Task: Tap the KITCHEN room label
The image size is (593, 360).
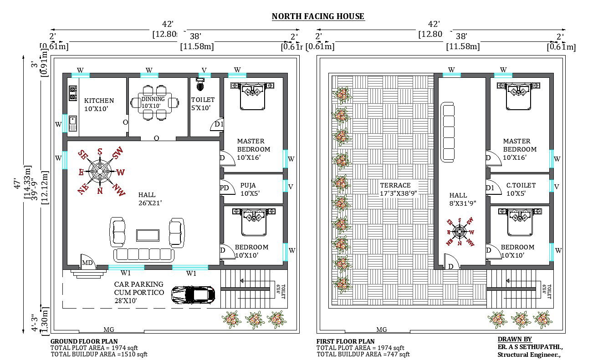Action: [99, 101]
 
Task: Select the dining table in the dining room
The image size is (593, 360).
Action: [156, 103]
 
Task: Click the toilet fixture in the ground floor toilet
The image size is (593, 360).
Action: [200, 84]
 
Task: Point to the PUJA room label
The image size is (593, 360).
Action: [248, 186]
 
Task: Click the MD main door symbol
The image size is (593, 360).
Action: [87, 263]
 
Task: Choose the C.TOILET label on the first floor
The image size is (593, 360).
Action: [521, 186]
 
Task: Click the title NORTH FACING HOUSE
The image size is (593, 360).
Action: [318, 16]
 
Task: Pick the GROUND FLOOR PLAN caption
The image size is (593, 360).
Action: [84, 341]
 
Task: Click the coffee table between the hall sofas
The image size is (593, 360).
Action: [148, 235]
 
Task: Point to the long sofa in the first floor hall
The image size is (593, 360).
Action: [448, 132]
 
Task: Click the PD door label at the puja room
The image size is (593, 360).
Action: [224, 188]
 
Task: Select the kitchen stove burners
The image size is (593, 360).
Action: [72, 93]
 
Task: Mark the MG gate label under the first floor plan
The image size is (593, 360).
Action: [382, 330]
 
